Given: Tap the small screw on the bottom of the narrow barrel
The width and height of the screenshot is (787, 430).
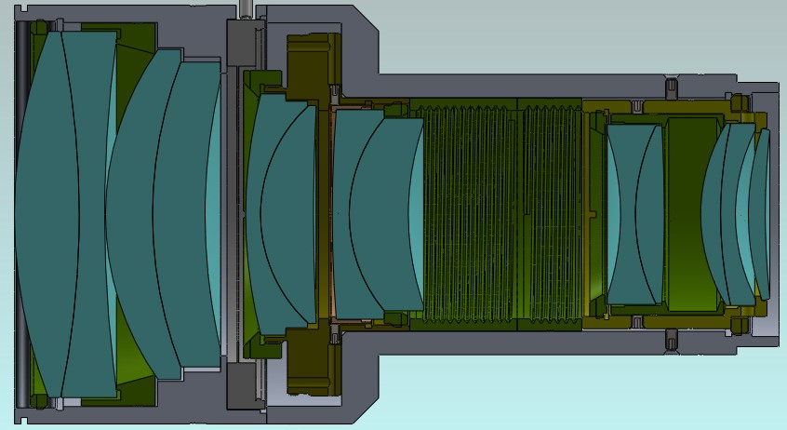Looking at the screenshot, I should tap(670, 341).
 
